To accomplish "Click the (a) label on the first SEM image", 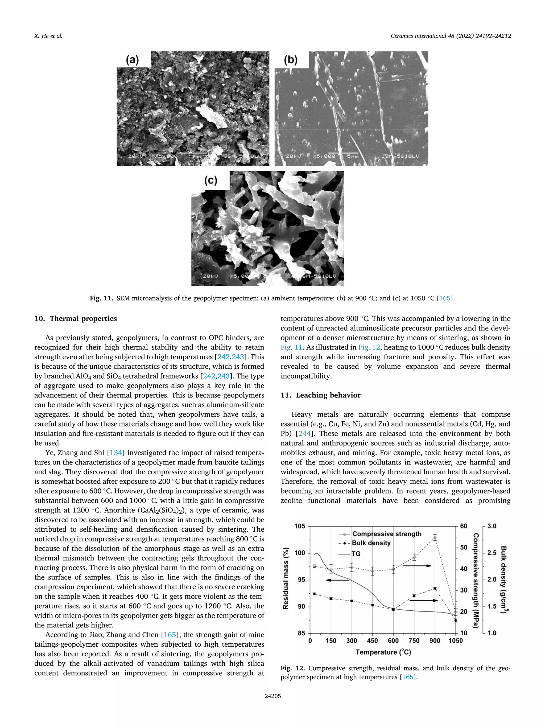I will pos(132,60).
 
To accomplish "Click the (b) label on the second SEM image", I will pos(290,60).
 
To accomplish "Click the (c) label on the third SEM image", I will pos(210,180).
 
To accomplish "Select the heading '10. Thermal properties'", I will pos(76,318).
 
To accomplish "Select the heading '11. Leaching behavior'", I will pos(320,395).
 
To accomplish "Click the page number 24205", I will pos(272,696).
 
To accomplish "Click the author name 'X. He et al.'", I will pos(48,36).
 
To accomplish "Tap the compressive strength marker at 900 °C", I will pos(435,538).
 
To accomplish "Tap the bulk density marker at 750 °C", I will pos(414,595).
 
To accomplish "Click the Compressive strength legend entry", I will pos(386,534).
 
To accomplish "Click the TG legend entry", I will pos(356,554).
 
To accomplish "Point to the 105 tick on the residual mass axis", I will pos(300,526).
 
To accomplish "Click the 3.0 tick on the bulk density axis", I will pos(492,526).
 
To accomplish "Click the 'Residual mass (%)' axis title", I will pos(286,578).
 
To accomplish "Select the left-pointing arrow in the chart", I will pos(337,580).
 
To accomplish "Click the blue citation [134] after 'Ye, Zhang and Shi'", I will pos(116,453).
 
